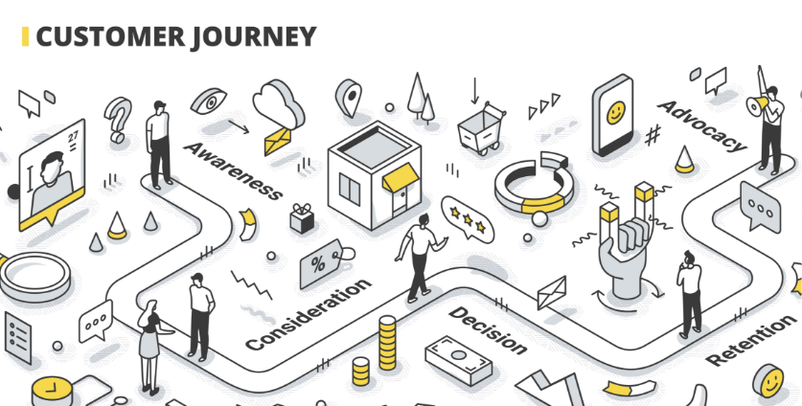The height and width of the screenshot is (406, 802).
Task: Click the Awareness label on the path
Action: pos(233,169)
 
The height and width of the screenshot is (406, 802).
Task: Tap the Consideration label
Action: pos(308,314)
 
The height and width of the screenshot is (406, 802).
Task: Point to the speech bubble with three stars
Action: pos(463,218)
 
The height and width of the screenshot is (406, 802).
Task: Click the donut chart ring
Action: pos(532,183)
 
